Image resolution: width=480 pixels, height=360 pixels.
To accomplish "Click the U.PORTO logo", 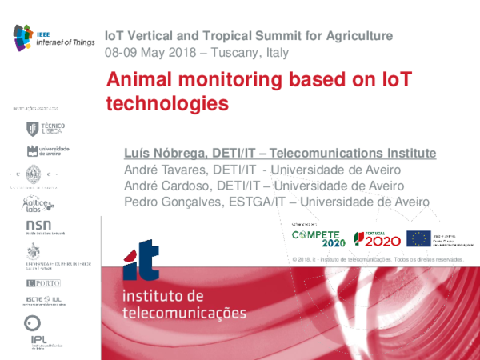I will [x=43, y=283].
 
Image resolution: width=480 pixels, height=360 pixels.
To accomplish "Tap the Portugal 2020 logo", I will [x=375, y=238].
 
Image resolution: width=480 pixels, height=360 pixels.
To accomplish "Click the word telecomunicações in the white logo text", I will [x=183, y=311].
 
